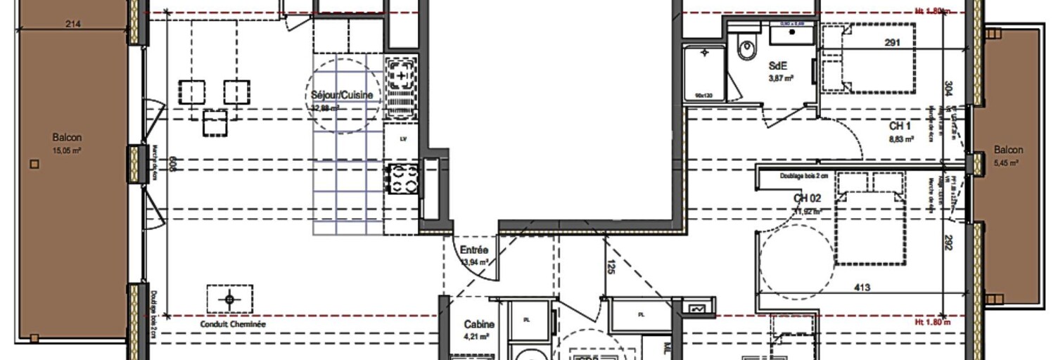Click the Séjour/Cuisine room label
tap(342, 95)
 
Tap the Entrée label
tap(474, 250)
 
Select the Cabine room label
tap(479, 325)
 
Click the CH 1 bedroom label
tap(901, 127)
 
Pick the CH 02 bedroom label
tap(808, 199)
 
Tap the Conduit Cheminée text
tap(233, 325)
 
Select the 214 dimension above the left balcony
tap(73, 25)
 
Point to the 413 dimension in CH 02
tap(862, 287)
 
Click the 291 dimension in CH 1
tap(892, 43)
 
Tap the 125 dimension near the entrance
tap(611, 268)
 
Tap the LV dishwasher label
tap(403, 139)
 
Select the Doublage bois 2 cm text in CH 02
tap(803, 177)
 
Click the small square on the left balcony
tap(34, 165)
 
